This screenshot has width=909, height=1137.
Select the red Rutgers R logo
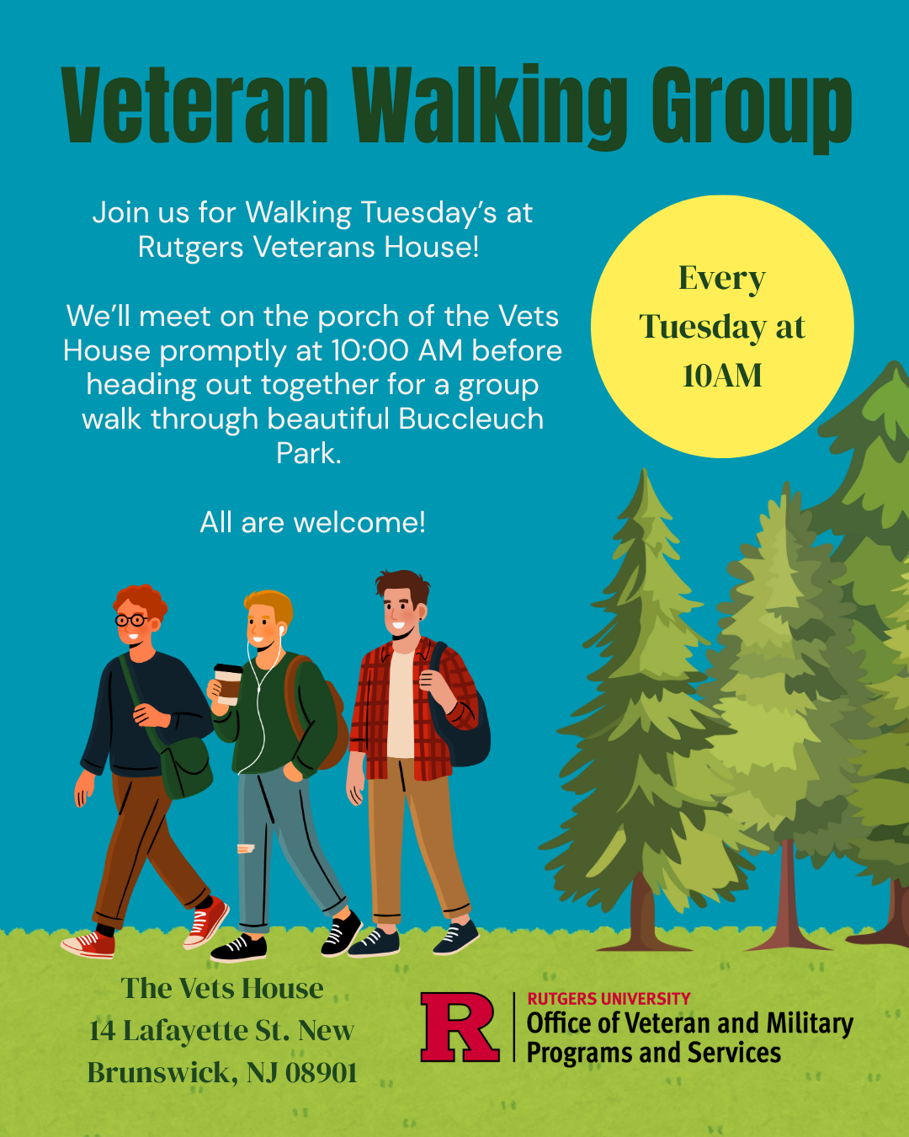click(x=460, y=1027)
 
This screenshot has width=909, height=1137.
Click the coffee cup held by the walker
click(x=227, y=683)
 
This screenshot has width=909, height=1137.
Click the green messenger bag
click(x=187, y=767)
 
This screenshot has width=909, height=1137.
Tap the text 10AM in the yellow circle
click(x=722, y=376)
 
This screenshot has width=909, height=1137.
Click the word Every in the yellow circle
click(x=722, y=278)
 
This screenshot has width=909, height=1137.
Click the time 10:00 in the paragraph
click(x=370, y=350)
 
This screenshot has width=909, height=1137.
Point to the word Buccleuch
click(x=471, y=419)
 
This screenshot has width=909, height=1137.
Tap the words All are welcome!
click(x=312, y=522)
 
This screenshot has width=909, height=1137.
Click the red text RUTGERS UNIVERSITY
click(x=609, y=999)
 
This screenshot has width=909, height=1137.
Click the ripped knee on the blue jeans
click(x=246, y=848)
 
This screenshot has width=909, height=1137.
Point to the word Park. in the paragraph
click(x=309, y=453)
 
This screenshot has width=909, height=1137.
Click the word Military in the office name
click(x=810, y=1023)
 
